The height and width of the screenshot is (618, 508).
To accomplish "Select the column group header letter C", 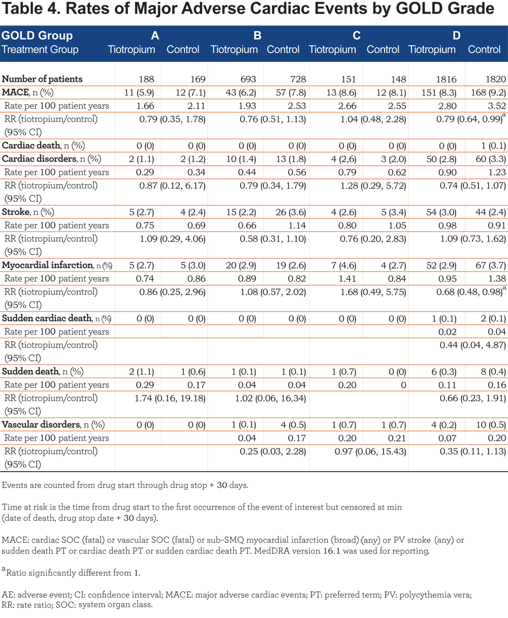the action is click(x=357, y=36).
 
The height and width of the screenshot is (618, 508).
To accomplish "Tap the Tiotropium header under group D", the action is click(x=432, y=49).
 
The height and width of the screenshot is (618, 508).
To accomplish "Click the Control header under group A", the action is click(x=183, y=49).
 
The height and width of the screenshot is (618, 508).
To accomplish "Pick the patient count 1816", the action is click(x=446, y=79).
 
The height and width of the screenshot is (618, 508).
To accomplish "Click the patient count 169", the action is click(x=198, y=79).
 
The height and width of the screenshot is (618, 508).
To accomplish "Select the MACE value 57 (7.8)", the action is click(x=291, y=92).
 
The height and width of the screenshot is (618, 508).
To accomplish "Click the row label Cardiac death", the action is click(x=31, y=145).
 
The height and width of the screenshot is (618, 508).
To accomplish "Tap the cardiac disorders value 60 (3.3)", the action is click(x=491, y=159).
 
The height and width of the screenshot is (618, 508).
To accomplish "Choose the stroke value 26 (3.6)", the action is click(x=291, y=212).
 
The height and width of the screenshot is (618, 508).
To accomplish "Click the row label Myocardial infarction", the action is click(x=47, y=265).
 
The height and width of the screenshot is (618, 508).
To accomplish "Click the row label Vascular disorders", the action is click(x=41, y=424).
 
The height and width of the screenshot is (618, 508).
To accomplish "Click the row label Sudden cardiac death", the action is click(x=47, y=318).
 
